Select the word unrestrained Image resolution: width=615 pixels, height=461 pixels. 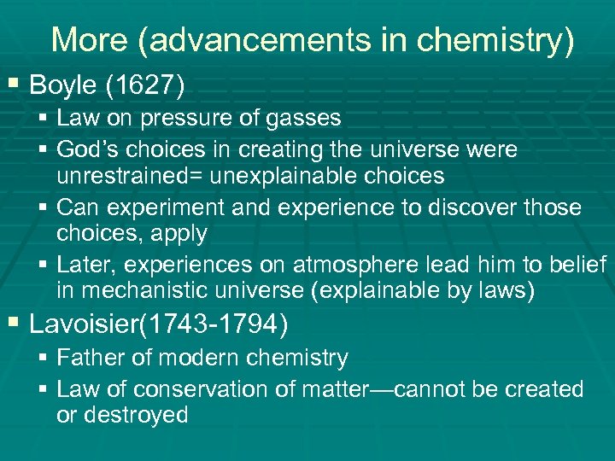(x=128, y=176)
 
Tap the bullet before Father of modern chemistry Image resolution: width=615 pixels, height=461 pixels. (x=44, y=357)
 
